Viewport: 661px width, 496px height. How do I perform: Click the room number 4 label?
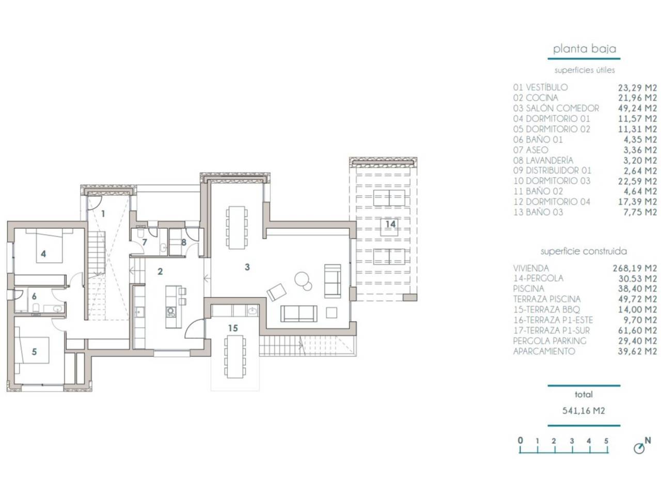(x=43, y=254)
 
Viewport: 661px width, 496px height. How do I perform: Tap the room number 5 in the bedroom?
(x=34, y=351)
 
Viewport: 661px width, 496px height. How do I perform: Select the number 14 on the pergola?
(x=390, y=224)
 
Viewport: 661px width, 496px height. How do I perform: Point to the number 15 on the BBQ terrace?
(x=233, y=328)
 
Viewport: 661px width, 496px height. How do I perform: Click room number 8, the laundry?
(x=184, y=242)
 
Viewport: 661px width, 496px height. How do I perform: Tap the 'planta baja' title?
(x=584, y=49)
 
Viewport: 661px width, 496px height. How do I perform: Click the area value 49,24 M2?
(x=637, y=108)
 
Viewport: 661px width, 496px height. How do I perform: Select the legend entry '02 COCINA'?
(x=536, y=98)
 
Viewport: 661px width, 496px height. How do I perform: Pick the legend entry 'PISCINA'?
(x=528, y=288)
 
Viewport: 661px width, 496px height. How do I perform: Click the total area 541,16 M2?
(x=584, y=411)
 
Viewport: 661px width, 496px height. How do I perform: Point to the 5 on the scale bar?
(x=606, y=441)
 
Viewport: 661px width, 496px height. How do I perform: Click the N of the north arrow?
(x=648, y=441)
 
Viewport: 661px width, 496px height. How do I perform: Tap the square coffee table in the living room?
(x=331, y=312)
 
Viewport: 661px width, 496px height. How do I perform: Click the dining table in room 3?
(x=237, y=227)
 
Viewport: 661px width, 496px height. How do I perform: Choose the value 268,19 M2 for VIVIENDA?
(x=635, y=268)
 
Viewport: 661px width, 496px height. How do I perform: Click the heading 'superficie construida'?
(x=584, y=251)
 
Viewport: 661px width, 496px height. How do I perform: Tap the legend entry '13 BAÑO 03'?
(x=538, y=212)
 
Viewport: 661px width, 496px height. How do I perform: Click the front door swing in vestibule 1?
(x=93, y=203)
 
